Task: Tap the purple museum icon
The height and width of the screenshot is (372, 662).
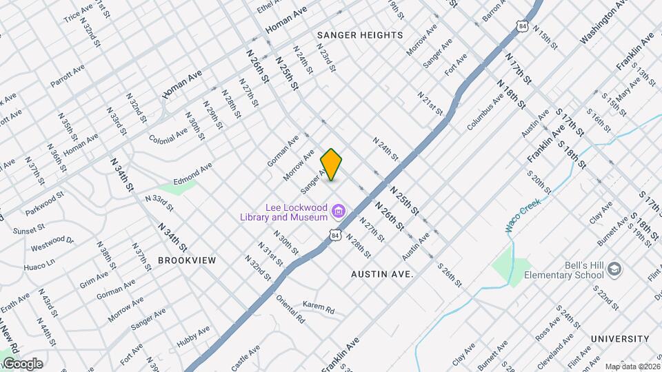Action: [338, 210]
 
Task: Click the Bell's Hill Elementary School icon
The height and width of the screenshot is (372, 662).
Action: [616, 268]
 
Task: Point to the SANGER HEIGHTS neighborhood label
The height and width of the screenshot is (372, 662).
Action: [360, 35]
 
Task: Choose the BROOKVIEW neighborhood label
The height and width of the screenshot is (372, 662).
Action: [187, 260]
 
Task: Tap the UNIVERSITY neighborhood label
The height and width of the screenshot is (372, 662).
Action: [620, 339]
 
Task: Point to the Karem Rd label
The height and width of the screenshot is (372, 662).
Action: [318, 307]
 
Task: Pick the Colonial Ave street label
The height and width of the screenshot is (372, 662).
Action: [168, 133]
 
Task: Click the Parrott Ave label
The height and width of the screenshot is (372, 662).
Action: [67, 76]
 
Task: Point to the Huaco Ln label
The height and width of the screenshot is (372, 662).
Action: [39, 263]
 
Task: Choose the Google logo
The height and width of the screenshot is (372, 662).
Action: [22, 364]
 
